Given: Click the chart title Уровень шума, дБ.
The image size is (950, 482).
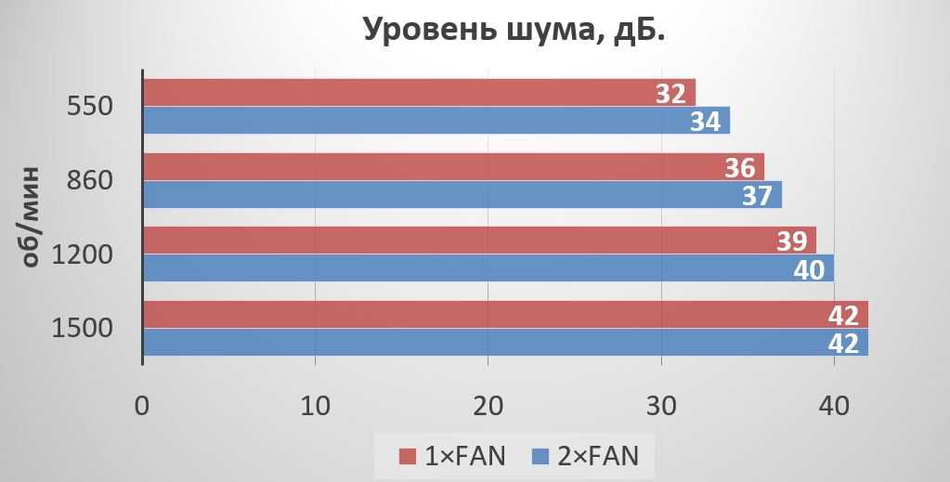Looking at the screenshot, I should click(514, 30).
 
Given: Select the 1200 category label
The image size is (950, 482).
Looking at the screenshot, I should click(82, 254).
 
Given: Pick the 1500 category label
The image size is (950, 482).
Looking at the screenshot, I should click(82, 329).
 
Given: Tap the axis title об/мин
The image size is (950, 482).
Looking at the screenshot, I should click(30, 217).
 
